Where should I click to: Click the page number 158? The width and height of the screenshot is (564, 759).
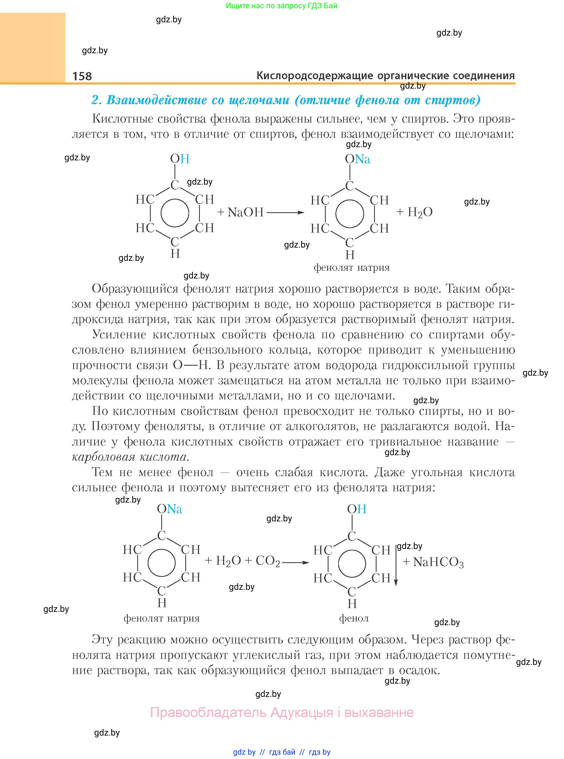[82, 76]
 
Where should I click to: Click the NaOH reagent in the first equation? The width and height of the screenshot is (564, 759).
[245, 212]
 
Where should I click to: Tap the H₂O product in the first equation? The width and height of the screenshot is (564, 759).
[420, 212]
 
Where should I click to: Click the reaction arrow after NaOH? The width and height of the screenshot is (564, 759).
[285, 212]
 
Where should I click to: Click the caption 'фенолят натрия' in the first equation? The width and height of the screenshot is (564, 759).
[352, 267]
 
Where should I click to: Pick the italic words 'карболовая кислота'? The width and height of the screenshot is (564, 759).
[130, 457]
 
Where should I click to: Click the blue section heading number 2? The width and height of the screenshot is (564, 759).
[97, 100]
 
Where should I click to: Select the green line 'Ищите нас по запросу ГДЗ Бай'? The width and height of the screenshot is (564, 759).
[281, 6]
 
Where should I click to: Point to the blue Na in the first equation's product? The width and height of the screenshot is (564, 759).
[362, 159]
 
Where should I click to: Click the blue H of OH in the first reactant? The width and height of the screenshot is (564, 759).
[185, 159]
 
